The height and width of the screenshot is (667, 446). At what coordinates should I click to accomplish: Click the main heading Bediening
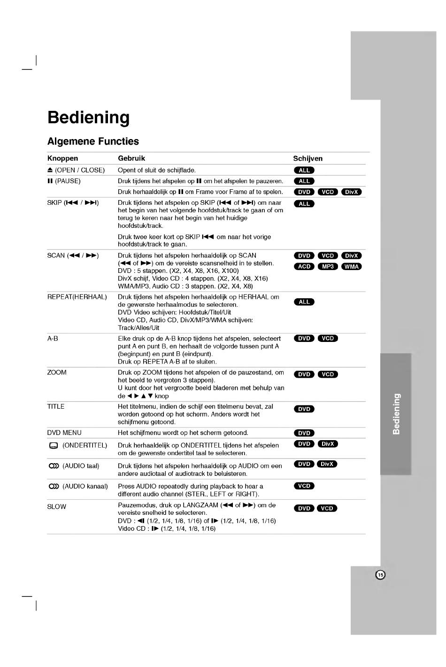(88, 117)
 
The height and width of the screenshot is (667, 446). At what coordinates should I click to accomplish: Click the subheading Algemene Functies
(93, 141)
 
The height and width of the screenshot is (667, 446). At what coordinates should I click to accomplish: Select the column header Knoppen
(62, 158)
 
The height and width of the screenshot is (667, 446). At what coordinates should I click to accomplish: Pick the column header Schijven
(308, 158)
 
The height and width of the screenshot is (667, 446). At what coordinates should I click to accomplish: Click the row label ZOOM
(57, 372)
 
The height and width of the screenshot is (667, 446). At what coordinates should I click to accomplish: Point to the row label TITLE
(55, 406)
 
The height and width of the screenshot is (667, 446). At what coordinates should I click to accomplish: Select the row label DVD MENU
(64, 433)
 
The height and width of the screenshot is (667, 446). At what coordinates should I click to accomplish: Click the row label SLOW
(56, 506)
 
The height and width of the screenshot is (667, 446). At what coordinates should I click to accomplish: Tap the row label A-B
(53, 338)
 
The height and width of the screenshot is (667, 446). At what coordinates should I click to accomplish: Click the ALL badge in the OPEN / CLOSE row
(304, 170)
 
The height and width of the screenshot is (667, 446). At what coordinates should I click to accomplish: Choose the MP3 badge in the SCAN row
(328, 266)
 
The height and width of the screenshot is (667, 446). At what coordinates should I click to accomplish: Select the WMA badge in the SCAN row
(351, 266)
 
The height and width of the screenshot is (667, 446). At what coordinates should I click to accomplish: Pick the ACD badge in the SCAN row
(304, 266)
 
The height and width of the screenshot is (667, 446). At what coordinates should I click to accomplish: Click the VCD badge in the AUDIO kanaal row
(304, 486)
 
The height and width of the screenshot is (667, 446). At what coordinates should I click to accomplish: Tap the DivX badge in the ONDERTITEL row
(328, 444)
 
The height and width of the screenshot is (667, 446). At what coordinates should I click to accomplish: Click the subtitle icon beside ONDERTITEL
(53, 445)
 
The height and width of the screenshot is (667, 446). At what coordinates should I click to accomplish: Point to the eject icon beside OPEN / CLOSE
(50, 170)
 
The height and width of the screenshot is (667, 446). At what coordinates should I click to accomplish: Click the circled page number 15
(380, 575)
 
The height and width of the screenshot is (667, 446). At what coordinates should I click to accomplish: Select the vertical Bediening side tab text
(396, 413)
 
